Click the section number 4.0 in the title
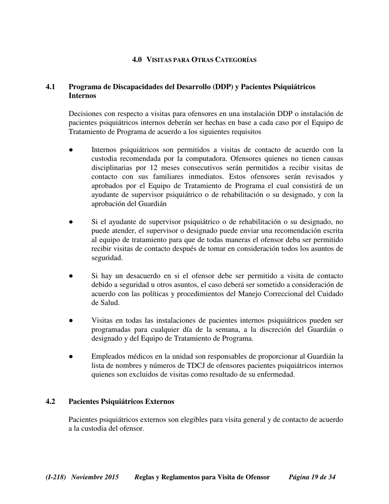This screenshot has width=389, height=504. pyautogui.click(x=137, y=60)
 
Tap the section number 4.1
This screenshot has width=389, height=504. pyautogui.click(x=50, y=87)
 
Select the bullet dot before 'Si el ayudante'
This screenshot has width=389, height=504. pyautogui.click(x=71, y=222)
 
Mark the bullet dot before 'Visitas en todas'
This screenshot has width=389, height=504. pyautogui.click(x=71, y=320)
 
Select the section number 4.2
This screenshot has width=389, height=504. pyautogui.click(x=50, y=402)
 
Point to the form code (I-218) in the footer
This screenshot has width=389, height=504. pyautogui.click(x=56, y=477)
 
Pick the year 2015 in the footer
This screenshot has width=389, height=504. pyautogui.click(x=112, y=477)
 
